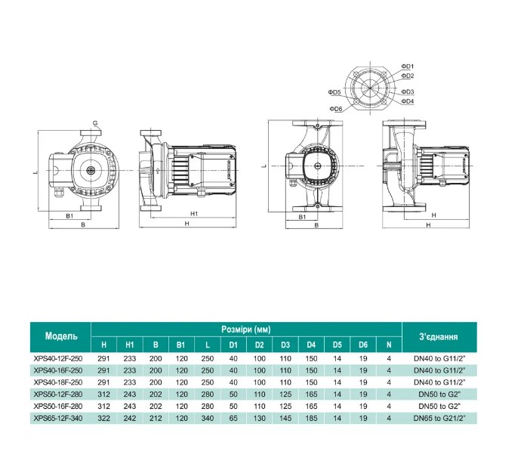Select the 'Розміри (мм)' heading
[x=247, y=330]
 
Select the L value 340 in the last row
[x=206, y=416]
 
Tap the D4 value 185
[x=311, y=416]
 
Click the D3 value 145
[x=285, y=416]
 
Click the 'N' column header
[x=388, y=346]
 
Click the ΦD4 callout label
[x=408, y=101]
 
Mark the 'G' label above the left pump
[x=95, y=122]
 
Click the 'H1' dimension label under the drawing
[x=194, y=214]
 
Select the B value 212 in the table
[x=155, y=416]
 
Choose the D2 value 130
[x=259, y=416]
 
